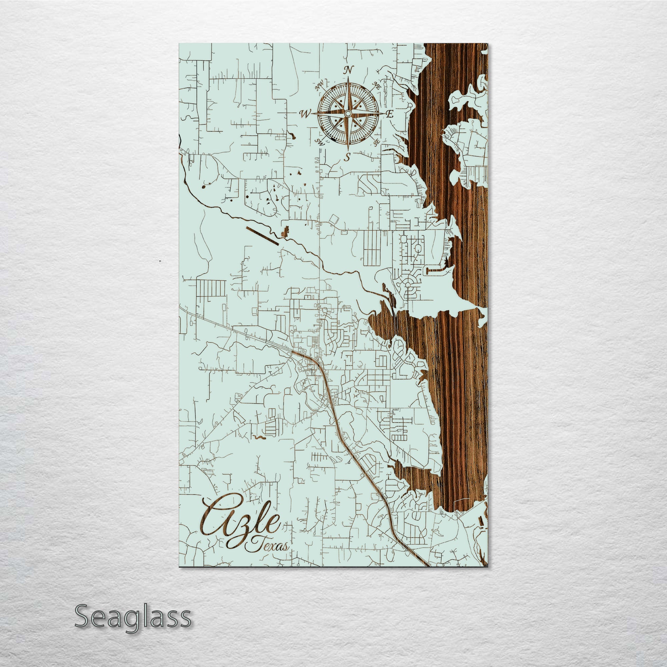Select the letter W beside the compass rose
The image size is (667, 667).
(x=305, y=114)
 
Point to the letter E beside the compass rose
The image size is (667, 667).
(x=390, y=114)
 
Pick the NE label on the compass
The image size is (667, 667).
(x=376, y=86)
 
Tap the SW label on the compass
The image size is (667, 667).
(x=319, y=141)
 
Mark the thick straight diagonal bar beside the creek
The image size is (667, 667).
(x=262, y=236)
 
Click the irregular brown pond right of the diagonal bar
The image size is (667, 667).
(x=285, y=232)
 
